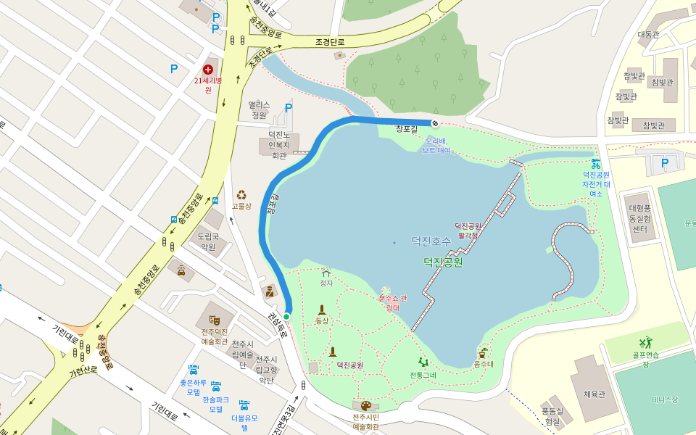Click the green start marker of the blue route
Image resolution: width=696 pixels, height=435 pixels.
tap(286, 317)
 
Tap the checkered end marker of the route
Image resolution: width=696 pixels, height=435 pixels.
tap(434, 123)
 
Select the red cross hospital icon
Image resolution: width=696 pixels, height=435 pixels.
tap(208, 69)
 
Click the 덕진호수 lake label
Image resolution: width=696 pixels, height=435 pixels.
tap(431, 240)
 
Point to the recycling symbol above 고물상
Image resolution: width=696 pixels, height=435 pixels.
tap(241, 194)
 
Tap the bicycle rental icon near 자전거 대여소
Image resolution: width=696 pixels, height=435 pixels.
tap(596, 163)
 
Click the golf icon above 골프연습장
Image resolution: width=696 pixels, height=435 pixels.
tap(645, 342)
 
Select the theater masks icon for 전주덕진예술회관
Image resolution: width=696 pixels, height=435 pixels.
tap(215, 319)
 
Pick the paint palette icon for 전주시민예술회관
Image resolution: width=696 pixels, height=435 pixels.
tap(365, 406)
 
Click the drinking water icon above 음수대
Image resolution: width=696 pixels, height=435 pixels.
tap(484, 352)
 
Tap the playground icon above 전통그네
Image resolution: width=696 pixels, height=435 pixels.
tap(423, 362)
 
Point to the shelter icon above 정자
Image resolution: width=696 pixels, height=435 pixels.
tap(326, 273)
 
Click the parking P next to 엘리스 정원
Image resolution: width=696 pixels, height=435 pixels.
tap(289, 108)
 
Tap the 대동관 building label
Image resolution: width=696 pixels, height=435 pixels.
tap(648, 35)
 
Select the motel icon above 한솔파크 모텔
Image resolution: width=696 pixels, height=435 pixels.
tap(215, 386)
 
